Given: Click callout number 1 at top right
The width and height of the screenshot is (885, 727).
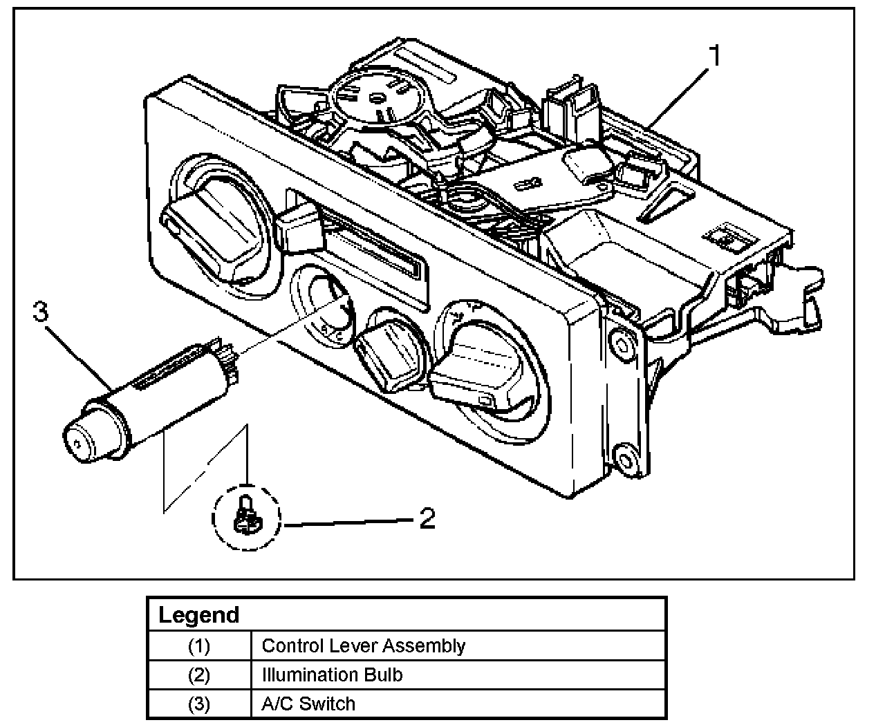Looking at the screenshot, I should coord(716,56).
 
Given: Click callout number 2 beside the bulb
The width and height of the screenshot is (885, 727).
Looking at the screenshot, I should coord(428,518).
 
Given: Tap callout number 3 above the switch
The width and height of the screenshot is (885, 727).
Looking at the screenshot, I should coord(41,313).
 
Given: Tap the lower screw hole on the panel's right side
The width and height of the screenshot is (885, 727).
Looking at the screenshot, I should coord(625,460).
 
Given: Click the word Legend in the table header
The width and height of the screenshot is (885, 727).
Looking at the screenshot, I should coord(198,615).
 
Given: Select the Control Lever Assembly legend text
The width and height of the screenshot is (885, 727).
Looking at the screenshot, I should coord(363,646).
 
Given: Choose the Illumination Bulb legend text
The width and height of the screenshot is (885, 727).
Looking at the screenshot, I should coord(332,674).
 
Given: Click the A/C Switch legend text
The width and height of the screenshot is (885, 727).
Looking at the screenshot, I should coord(308,704).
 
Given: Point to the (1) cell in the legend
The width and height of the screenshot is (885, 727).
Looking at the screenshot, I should coord(198,646).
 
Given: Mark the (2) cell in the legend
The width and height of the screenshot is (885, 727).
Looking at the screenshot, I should coord(198,674).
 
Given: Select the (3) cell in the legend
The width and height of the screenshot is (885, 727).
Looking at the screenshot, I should coord(198,704).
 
